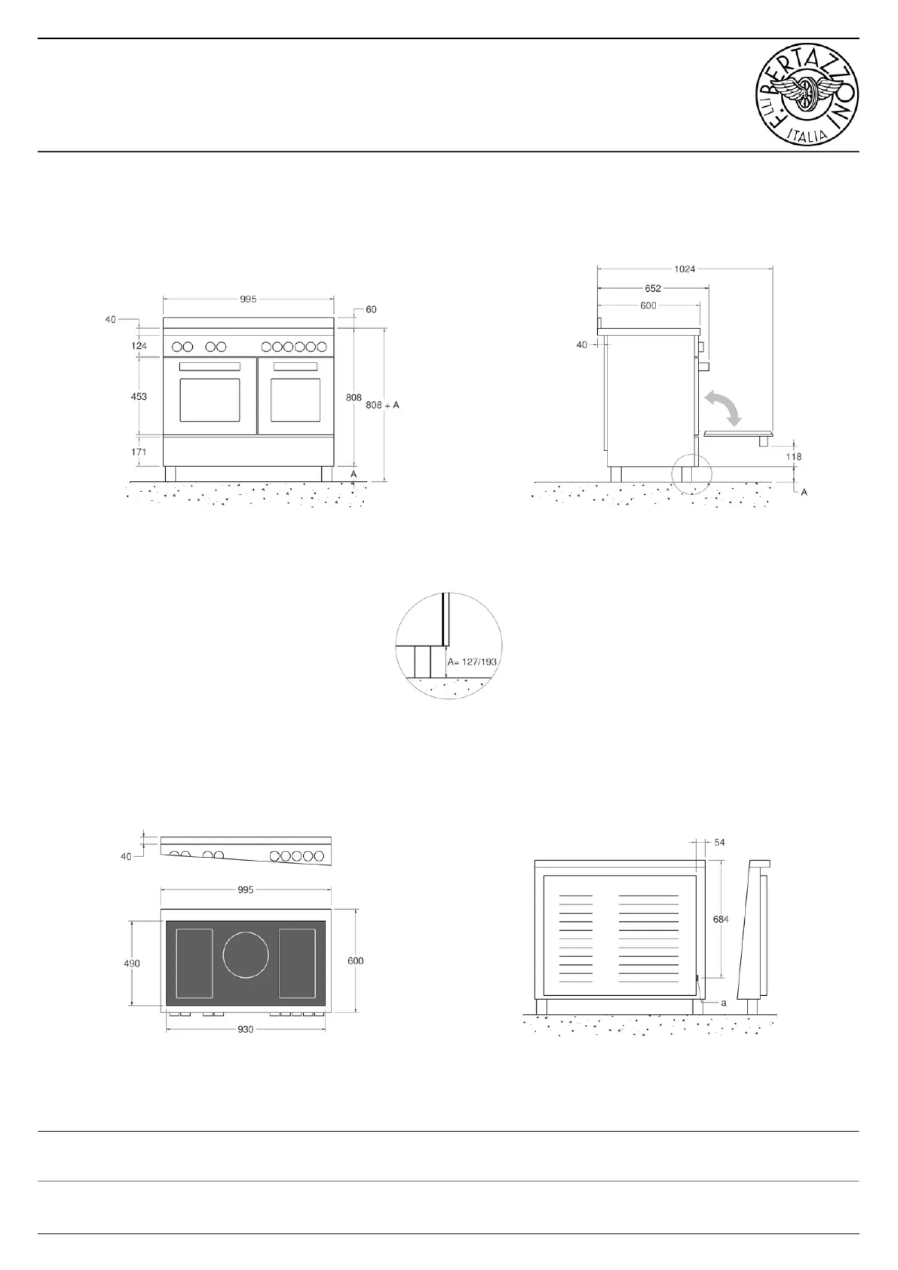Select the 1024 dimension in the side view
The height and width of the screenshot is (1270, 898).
[x=684, y=269]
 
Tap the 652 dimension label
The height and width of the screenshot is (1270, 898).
[x=653, y=288]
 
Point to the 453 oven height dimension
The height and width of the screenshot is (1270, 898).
[x=139, y=396]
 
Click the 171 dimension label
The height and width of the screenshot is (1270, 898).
[x=139, y=452]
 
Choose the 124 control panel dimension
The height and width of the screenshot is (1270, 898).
[x=139, y=345]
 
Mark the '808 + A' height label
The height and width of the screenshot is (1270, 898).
[x=382, y=405]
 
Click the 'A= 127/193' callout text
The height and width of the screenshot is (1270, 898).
[x=472, y=662]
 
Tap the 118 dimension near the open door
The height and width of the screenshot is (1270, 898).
[x=793, y=456]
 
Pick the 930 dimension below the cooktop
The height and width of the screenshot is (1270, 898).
[x=245, y=1030]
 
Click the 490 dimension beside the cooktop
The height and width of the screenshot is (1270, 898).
[x=132, y=964]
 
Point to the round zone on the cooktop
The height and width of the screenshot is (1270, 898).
[x=245, y=955]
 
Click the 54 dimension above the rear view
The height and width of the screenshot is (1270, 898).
[x=719, y=843]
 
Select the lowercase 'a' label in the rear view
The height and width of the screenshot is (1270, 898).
[x=723, y=1003]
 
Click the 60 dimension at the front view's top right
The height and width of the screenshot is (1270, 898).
[x=371, y=309]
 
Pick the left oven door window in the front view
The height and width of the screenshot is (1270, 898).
[x=210, y=400]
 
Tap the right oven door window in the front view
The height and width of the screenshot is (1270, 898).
[x=295, y=400]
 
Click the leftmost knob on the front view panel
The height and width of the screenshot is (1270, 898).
[x=176, y=347]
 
